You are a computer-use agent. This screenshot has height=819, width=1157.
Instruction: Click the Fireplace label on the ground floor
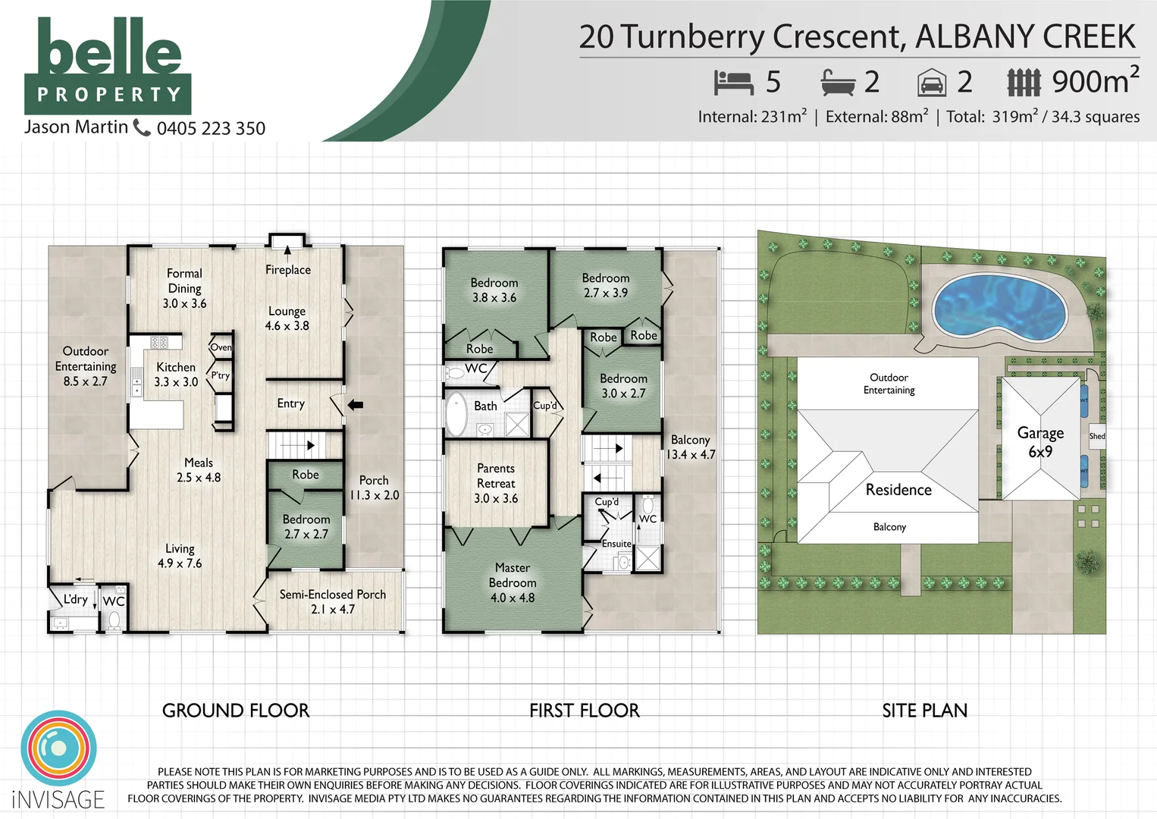(x=287, y=270)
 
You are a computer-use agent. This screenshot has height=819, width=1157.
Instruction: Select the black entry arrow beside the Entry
(x=355, y=405)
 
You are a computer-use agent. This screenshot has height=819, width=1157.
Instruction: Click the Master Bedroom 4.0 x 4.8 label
(x=513, y=582)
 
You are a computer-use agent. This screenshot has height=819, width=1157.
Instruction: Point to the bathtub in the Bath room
(x=456, y=414)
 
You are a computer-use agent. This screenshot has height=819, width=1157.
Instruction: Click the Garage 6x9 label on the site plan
(x=1040, y=441)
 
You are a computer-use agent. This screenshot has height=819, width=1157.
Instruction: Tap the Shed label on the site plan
(x=1096, y=436)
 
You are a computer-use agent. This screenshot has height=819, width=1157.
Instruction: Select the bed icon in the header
(x=732, y=82)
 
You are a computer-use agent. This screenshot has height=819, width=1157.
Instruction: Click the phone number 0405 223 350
(x=211, y=128)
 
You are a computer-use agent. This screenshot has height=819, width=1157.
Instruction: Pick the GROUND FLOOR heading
(x=236, y=711)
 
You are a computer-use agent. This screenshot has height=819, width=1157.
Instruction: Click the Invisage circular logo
(x=58, y=748)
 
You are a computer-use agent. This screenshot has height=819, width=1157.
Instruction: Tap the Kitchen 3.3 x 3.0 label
(x=176, y=375)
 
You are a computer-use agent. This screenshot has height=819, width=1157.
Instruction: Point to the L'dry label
(x=75, y=599)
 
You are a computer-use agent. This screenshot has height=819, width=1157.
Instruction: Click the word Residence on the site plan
(x=898, y=490)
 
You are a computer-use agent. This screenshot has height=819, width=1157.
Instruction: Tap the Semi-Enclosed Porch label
(x=332, y=601)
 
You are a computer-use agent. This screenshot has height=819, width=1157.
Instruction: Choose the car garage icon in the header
(x=932, y=83)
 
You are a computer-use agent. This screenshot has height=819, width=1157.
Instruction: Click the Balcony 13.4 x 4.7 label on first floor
(x=690, y=447)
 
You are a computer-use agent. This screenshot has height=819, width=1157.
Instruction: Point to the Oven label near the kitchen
(x=221, y=347)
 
